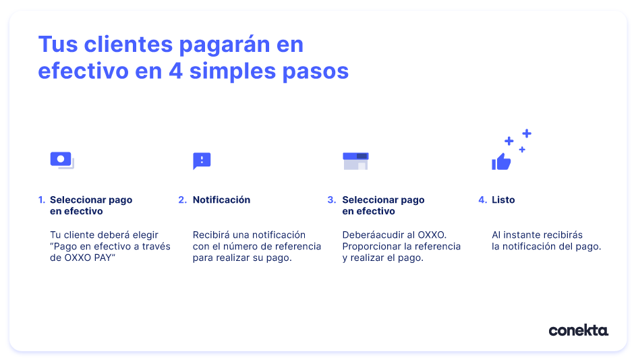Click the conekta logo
point(578,330)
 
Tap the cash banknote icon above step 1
point(62,160)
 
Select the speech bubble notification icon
point(202,161)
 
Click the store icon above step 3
point(355,161)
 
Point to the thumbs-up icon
point(501,162)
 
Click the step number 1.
point(42,200)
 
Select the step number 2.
point(183,200)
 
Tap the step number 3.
point(332,200)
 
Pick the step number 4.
point(482,200)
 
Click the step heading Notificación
point(221,200)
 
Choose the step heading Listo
point(503,200)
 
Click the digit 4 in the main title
point(176,71)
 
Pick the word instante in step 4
point(521,235)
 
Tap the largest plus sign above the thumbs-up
point(527,133)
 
